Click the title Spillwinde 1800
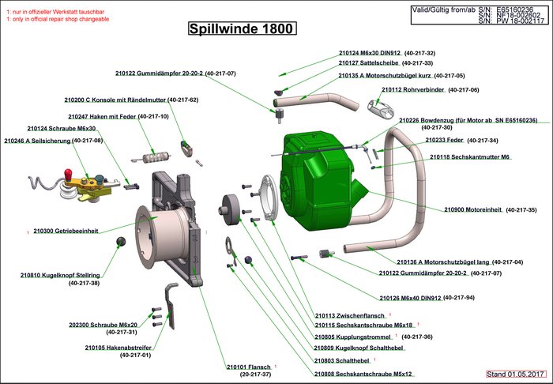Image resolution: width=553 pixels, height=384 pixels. click(242, 30)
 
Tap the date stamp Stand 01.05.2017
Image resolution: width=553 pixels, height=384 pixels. click(516, 372)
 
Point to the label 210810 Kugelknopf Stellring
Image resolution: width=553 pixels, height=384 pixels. click(60, 275)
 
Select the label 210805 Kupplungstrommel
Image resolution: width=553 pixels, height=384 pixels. click(352, 337)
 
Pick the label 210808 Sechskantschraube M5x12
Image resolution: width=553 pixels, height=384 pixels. click(363, 374)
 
